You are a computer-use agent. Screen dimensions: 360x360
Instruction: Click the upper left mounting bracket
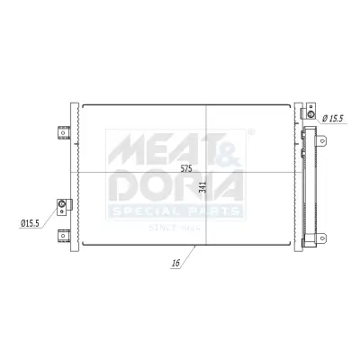pyautogui.click(x=63, y=131)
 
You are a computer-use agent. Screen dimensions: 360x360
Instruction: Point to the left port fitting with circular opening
pyautogui.click(x=62, y=205)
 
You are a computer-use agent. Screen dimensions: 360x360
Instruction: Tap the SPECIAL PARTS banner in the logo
pyautogui.click(x=175, y=211)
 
